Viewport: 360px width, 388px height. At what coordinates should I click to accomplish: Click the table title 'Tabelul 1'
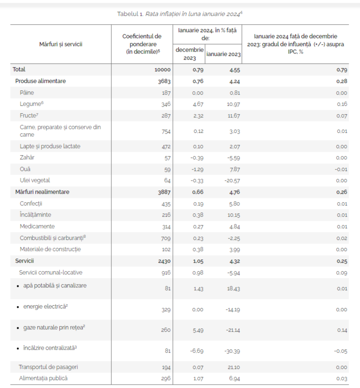[x=131, y=14]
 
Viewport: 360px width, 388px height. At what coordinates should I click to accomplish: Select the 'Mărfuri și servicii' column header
[x=61, y=44]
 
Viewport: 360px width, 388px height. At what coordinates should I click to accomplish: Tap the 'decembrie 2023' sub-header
[x=189, y=54]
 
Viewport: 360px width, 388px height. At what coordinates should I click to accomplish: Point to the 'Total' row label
[x=19, y=69]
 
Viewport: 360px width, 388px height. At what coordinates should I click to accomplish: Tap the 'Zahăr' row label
[x=27, y=157]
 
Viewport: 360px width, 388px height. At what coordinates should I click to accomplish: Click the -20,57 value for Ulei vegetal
[x=231, y=180]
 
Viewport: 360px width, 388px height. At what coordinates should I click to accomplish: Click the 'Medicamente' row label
[x=37, y=226]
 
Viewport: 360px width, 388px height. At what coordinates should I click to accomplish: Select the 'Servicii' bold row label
[x=25, y=261]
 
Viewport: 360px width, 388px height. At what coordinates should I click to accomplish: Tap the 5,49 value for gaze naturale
[x=198, y=330]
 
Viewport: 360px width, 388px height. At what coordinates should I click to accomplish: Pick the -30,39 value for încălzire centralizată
[x=231, y=351]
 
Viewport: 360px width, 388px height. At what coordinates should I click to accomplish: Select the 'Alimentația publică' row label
[x=43, y=378]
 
